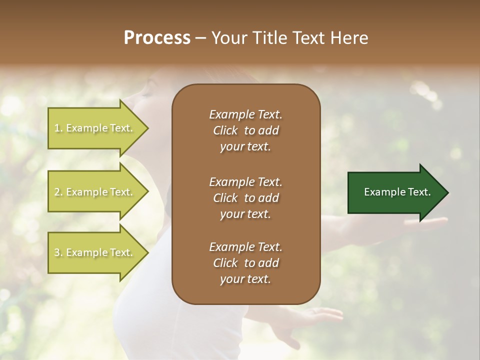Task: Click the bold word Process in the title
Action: (x=157, y=38)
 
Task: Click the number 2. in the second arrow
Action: (x=58, y=192)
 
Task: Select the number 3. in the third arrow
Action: (x=58, y=252)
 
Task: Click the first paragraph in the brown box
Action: (x=246, y=130)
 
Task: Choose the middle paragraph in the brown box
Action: (x=246, y=197)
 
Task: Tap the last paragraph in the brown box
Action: (x=246, y=263)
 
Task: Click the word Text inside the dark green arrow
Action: (x=420, y=192)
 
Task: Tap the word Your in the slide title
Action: (x=227, y=38)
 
